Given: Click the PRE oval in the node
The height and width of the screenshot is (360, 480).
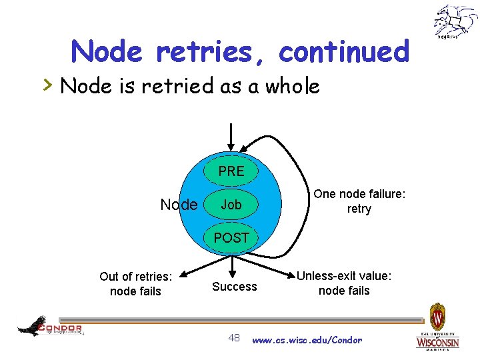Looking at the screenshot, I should pos(231,171).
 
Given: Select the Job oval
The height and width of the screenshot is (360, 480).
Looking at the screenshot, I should pos(231,205).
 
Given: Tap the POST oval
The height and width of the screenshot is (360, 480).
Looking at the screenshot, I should pos(231,238).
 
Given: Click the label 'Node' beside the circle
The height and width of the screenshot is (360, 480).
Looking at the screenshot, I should pos(179,205).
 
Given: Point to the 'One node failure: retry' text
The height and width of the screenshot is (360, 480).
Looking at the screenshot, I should pos(359,201).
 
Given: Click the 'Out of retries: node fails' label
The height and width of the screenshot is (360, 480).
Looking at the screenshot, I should pos(135,283).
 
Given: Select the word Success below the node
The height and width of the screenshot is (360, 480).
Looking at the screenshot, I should pos(234,287).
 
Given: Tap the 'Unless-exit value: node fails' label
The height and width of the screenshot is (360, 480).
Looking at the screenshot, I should pos(344,283).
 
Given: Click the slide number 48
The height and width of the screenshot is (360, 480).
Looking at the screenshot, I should pos(234,338).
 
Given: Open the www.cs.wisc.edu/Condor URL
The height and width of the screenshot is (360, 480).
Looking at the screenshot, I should pos(307,340).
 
